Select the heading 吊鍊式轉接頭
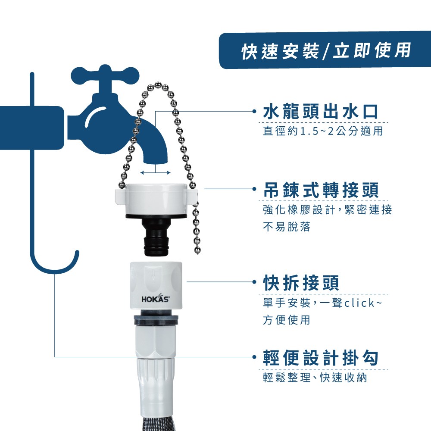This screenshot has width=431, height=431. (x=321, y=190)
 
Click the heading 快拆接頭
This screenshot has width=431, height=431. (x=301, y=283)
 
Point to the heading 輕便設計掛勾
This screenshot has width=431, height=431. (x=321, y=358)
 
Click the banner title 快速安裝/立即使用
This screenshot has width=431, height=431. (x=326, y=51)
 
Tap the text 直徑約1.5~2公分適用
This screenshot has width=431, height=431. (x=323, y=131)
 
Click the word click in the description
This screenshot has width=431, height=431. (x=359, y=303)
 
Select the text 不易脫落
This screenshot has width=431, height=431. (x=287, y=227)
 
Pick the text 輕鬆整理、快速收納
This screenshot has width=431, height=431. (x=315, y=378)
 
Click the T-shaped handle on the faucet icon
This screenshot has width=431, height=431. (x=105, y=75)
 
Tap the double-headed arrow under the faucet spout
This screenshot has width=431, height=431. (x=155, y=173)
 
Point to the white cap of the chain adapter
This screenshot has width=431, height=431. (x=156, y=199)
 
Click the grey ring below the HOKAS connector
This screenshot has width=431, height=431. (x=156, y=320)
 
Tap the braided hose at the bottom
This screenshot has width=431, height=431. (x=156, y=425)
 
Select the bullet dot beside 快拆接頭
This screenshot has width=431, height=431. (x=254, y=282)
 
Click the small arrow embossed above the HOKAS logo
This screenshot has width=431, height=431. (x=153, y=275)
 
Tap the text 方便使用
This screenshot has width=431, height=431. (x=287, y=320)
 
